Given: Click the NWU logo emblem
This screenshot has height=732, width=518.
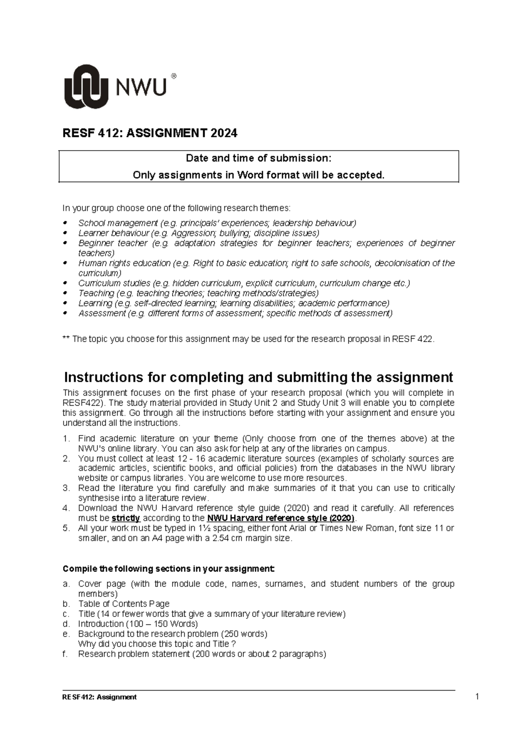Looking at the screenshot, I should coord(86,87).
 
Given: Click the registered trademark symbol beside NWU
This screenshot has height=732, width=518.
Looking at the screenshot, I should coord(174,77).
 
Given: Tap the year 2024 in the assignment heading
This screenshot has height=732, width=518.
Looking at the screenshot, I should coord(224,133).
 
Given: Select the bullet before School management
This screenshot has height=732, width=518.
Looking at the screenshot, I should coord(66,223).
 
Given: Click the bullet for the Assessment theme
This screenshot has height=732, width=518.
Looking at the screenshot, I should coord(66,313).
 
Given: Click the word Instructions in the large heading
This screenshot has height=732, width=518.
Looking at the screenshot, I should coord(104,377).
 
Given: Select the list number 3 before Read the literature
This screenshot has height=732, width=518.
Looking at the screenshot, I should coord(66,488).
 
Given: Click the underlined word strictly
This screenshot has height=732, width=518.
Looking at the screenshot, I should coord(126,518).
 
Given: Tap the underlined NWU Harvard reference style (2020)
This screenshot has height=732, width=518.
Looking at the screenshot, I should coord(281,518).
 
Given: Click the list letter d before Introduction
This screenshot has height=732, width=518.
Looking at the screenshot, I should coord(66,624).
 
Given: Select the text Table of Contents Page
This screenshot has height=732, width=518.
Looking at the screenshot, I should coord(123,604).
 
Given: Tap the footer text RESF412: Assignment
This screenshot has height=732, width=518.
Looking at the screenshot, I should coord(100,697).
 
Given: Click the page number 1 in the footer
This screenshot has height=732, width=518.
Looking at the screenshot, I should coord(477,697).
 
